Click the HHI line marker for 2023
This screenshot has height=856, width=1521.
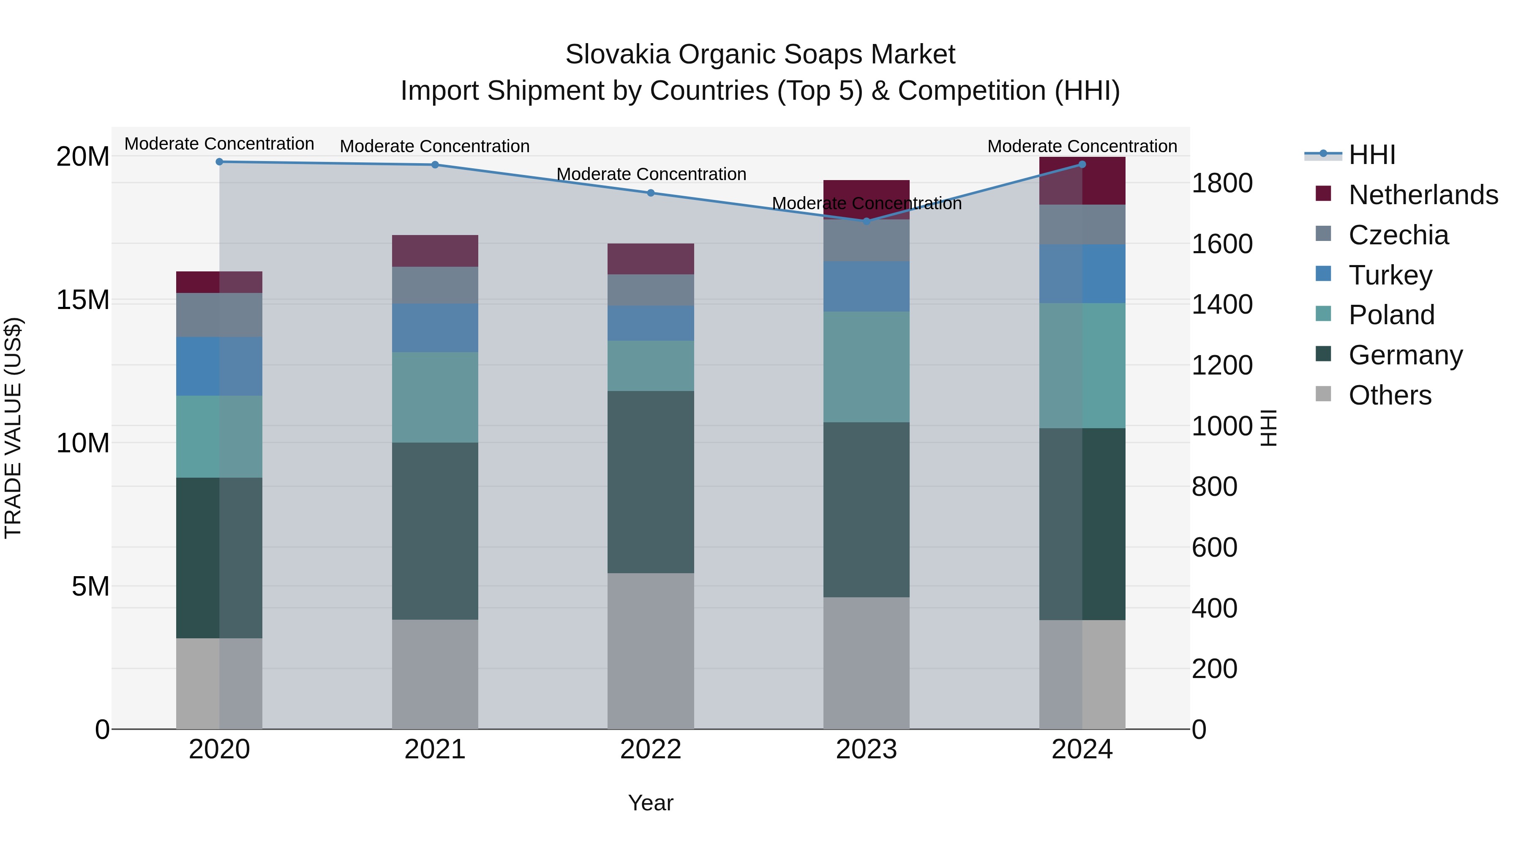pos(866,221)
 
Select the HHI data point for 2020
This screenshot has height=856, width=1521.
pos(219,161)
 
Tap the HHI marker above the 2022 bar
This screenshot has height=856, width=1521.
pos(651,193)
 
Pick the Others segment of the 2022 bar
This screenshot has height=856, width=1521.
pos(651,650)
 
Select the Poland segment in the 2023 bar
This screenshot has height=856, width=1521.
pos(866,366)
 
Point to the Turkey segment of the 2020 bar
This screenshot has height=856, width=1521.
pos(219,366)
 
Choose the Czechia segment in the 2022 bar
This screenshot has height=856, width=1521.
pos(651,290)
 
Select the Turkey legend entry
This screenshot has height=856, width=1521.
pos(1390,275)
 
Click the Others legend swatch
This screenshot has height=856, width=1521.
pos(1323,394)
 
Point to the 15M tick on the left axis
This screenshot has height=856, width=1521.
pos(83,300)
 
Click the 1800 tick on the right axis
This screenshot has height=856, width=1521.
pos(1221,183)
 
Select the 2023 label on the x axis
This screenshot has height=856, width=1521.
pos(866,749)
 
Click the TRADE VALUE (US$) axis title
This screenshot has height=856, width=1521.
pos(13,428)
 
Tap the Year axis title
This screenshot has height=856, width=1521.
pos(651,803)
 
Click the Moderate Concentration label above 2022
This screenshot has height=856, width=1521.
pos(651,174)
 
